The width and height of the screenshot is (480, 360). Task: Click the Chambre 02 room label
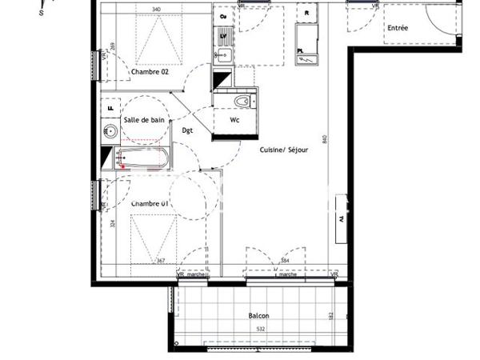150,72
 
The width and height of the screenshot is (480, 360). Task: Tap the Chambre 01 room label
150,203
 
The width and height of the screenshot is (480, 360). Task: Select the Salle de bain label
144,120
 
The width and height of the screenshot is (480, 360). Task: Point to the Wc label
234,120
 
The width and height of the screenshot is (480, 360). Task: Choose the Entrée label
398,28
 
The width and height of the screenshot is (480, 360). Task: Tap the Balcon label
258,316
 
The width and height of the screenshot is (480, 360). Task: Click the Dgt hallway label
187,130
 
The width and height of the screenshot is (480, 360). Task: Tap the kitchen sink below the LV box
223,54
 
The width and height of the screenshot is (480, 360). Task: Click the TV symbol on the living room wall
340,218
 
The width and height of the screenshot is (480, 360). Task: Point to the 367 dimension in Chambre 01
160,261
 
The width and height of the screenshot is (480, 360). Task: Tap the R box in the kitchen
306,14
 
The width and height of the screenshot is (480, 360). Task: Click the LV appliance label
223,36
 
